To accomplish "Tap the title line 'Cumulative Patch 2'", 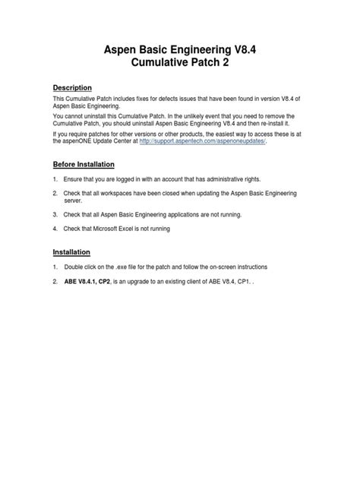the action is tap(180, 65).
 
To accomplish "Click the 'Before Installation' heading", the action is tap(84, 164).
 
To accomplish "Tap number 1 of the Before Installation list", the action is tap(55, 179).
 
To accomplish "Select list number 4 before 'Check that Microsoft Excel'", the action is tap(55, 228).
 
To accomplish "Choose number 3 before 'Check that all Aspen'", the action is tap(55, 215).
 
